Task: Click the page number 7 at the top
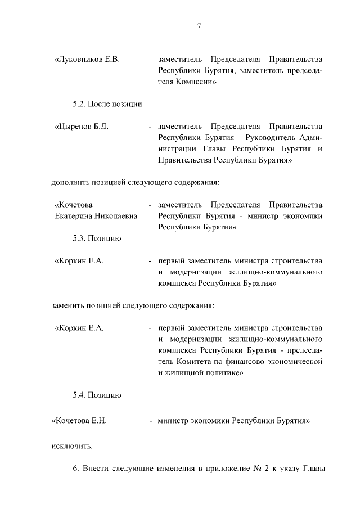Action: point(199,26)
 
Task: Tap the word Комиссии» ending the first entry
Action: point(199,82)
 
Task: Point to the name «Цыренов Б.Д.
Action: point(82,127)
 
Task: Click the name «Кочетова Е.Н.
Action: point(79,420)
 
